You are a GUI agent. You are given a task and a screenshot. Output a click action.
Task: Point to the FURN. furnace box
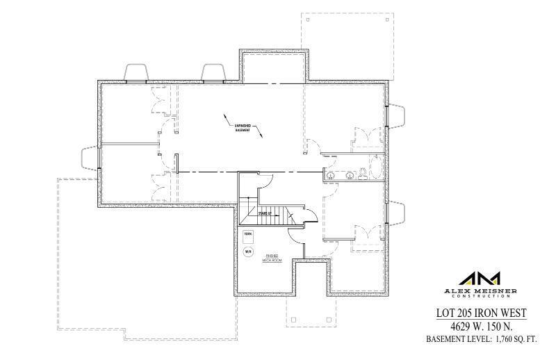click(x=247, y=236)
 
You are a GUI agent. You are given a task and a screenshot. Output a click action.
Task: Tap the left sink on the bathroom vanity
click(x=331, y=174)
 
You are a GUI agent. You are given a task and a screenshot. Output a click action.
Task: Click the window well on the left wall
click(x=91, y=158)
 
